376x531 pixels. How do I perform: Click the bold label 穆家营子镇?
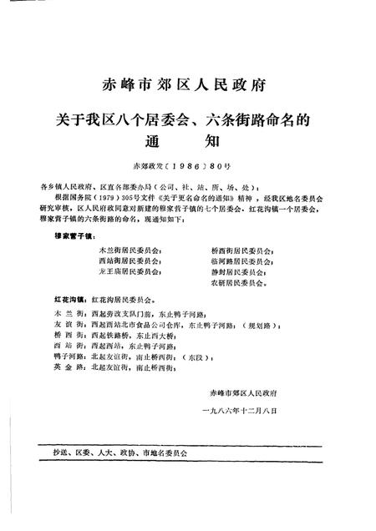[69, 236]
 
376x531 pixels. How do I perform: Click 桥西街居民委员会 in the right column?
[241, 250]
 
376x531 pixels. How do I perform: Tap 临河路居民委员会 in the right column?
[241, 260]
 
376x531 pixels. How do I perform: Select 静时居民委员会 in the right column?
[239, 272]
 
